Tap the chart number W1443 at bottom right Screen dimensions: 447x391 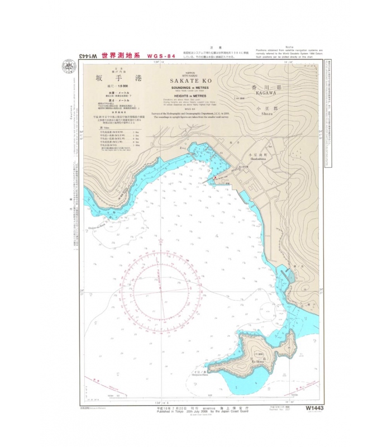315,408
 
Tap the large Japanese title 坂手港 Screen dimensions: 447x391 118,79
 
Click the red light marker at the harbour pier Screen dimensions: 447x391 212,179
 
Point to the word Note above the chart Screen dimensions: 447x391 289,47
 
